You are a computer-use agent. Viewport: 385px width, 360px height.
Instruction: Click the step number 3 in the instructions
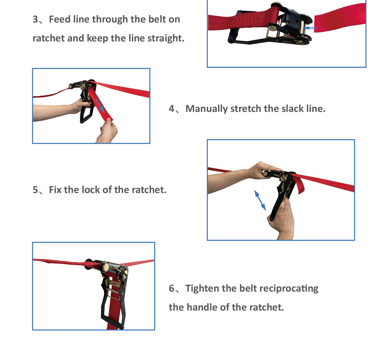tap(35, 19)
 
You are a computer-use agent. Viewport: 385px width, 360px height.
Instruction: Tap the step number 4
tap(171, 109)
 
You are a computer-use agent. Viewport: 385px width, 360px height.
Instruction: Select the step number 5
tap(35, 190)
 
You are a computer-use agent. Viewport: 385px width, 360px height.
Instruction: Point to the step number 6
tap(171, 288)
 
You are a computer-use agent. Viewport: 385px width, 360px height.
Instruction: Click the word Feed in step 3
tap(60, 19)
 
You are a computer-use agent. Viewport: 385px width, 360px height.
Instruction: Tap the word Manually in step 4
tap(206, 109)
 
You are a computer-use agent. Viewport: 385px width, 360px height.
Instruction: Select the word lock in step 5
tap(91, 190)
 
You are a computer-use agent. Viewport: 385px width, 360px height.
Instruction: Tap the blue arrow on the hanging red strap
tap(100, 106)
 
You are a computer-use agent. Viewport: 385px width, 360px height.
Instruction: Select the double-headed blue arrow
tap(260, 200)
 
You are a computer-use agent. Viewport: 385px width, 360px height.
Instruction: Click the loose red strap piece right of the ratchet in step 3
tap(340, 18)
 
